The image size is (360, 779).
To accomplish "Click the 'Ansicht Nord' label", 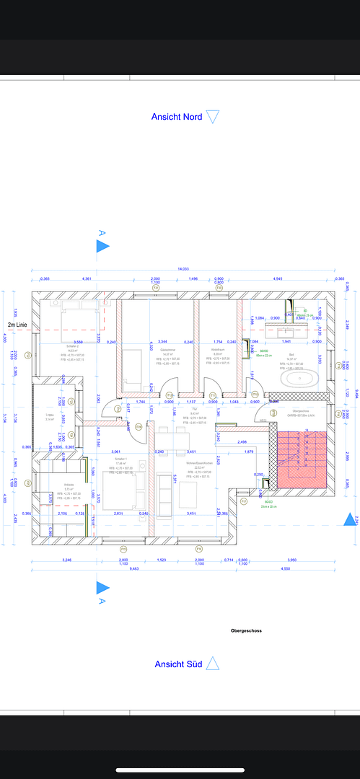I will point(176,116).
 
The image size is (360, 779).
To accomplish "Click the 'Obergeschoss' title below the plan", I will point(246,630).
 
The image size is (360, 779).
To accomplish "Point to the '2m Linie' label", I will point(18,325).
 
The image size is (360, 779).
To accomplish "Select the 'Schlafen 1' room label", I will point(120,459).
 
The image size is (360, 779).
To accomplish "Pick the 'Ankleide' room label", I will point(49,485).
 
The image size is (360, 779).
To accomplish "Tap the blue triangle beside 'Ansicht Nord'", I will point(211,116).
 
